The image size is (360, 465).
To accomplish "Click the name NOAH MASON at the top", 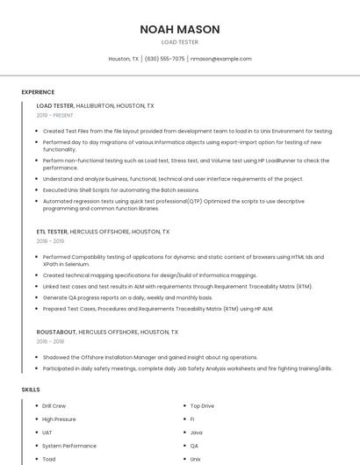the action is pyautogui.click(x=180, y=29).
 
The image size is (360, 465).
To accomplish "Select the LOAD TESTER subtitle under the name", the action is pyautogui.click(x=180, y=41).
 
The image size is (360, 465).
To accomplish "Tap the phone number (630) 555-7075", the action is pyautogui.click(x=164, y=59).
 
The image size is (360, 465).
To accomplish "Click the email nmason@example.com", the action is pyautogui.click(x=220, y=59).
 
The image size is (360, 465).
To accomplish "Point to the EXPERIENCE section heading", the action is pyautogui.click(x=38, y=92).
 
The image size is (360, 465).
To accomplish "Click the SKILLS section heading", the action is pyautogui.click(x=31, y=389).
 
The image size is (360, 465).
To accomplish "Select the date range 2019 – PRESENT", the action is pyautogui.click(x=55, y=115).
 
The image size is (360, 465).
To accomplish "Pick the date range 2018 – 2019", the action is pyautogui.click(x=51, y=241).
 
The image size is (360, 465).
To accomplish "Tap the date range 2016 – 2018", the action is pyautogui.click(x=51, y=342).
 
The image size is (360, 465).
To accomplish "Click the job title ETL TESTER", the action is pyautogui.click(x=52, y=232).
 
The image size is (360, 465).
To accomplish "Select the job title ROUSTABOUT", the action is pyautogui.click(x=56, y=333).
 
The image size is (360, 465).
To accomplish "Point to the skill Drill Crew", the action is pyautogui.click(x=54, y=406).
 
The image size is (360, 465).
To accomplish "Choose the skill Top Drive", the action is pyautogui.click(x=202, y=406).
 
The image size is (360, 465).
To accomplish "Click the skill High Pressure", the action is pyautogui.click(x=59, y=419).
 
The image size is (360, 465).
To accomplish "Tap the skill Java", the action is pyautogui.click(x=197, y=433).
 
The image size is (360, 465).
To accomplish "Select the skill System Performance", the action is pyautogui.click(x=69, y=446).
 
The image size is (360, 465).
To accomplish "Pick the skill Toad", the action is pyautogui.click(x=49, y=459).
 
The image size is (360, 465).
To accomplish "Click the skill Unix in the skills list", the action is pyautogui.click(x=196, y=459).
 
